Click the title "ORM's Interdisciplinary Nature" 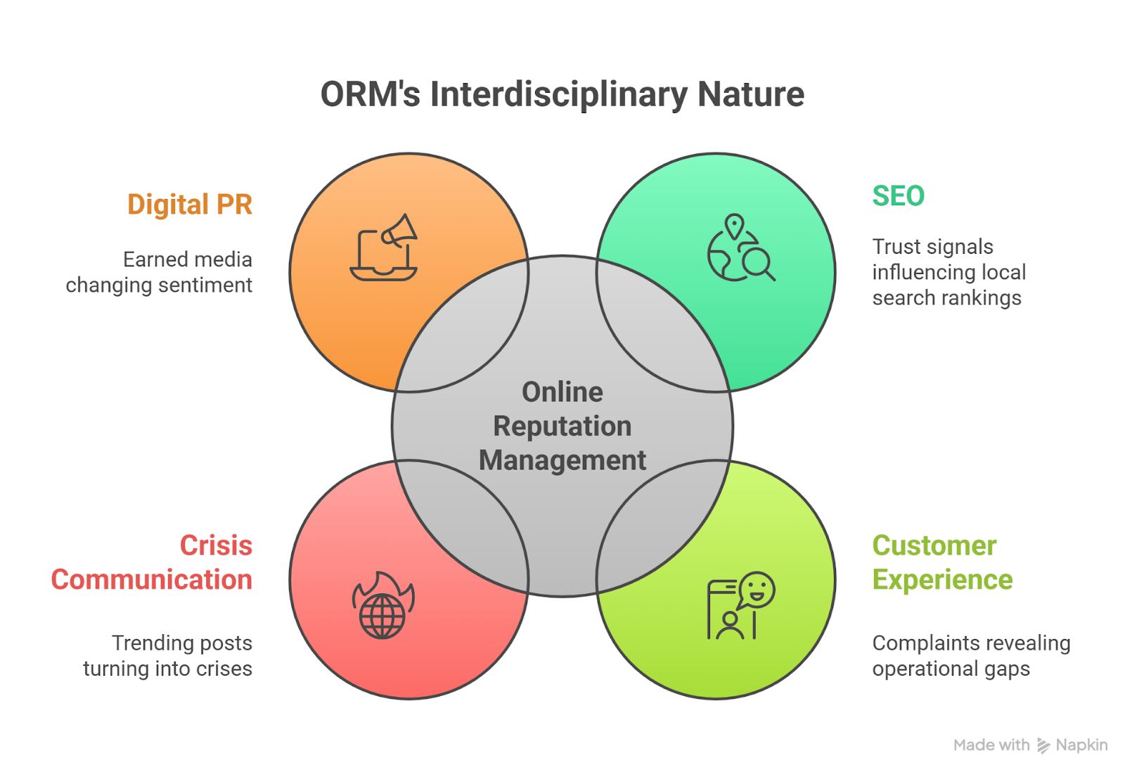[562, 94]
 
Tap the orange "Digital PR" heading [190, 205]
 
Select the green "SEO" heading [898, 196]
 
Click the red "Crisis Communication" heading [152, 562]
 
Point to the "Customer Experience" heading [942, 562]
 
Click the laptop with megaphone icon [384, 247]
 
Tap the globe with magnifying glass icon [740, 248]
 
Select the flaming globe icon [383, 605]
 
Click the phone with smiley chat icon [740, 605]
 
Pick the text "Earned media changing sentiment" [160, 272]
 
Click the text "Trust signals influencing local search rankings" [949, 272]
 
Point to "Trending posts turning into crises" [168, 656]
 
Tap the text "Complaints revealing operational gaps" [971, 656]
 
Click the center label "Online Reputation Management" [562, 426]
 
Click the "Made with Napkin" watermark [1030, 745]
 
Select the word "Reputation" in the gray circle [562, 426]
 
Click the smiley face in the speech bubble [757, 588]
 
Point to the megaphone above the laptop [400, 231]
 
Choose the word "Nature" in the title [751, 94]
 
